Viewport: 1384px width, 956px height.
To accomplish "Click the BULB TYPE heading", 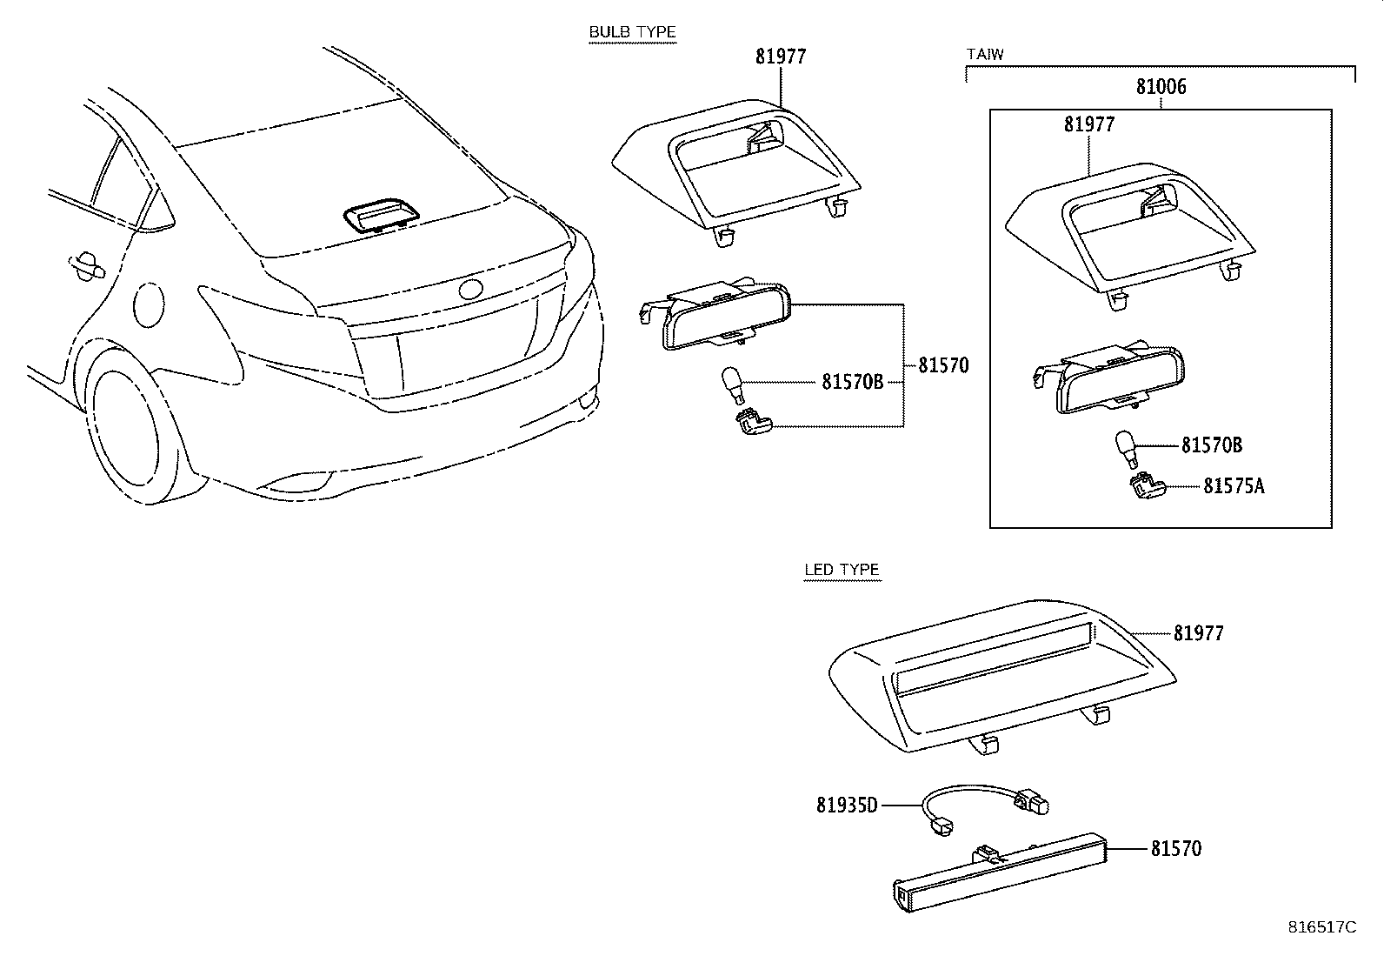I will point(632,33).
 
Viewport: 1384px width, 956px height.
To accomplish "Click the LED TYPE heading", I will point(841,571).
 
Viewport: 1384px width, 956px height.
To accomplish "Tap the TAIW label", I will point(985,55).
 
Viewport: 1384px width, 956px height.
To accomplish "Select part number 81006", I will point(1161,87).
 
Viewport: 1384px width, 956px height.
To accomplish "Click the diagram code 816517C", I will point(1321,927).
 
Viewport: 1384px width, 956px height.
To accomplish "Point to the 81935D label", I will point(847,806).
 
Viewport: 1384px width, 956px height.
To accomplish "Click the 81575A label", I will point(1234,486).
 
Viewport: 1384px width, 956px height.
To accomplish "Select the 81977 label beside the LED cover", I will point(1198,633).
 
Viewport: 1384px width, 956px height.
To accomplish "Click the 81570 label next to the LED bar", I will point(1176,848).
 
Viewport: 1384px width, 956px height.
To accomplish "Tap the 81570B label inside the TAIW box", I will point(1211,446).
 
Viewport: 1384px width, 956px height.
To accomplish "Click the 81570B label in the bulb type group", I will point(852,382).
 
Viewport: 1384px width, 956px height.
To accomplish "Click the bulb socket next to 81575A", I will point(1143,487).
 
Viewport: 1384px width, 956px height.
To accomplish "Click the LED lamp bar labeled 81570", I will point(1000,874).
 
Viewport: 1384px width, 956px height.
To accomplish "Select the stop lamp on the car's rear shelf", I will point(380,217).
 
